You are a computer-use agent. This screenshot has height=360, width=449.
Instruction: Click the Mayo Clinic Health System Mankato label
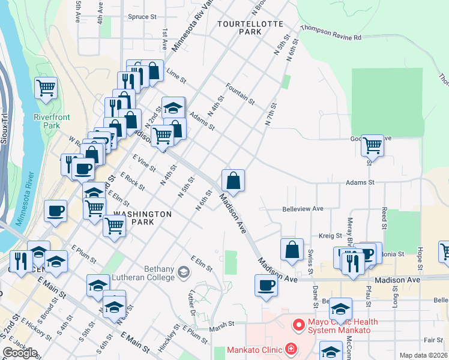coord(343,326)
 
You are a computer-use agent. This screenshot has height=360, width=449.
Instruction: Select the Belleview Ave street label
coord(303,209)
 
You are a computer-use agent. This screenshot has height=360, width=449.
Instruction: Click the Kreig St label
coord(330,236)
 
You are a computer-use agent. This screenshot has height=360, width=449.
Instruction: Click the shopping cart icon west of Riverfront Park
coord(46,88)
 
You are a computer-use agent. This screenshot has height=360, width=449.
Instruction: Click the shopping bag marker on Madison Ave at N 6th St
coord(233,179)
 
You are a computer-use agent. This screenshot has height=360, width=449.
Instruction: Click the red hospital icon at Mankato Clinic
coord(291,349)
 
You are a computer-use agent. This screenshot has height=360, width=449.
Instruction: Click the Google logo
coord(20,353)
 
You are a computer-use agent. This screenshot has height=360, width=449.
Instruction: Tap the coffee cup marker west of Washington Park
coord(55,211)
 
